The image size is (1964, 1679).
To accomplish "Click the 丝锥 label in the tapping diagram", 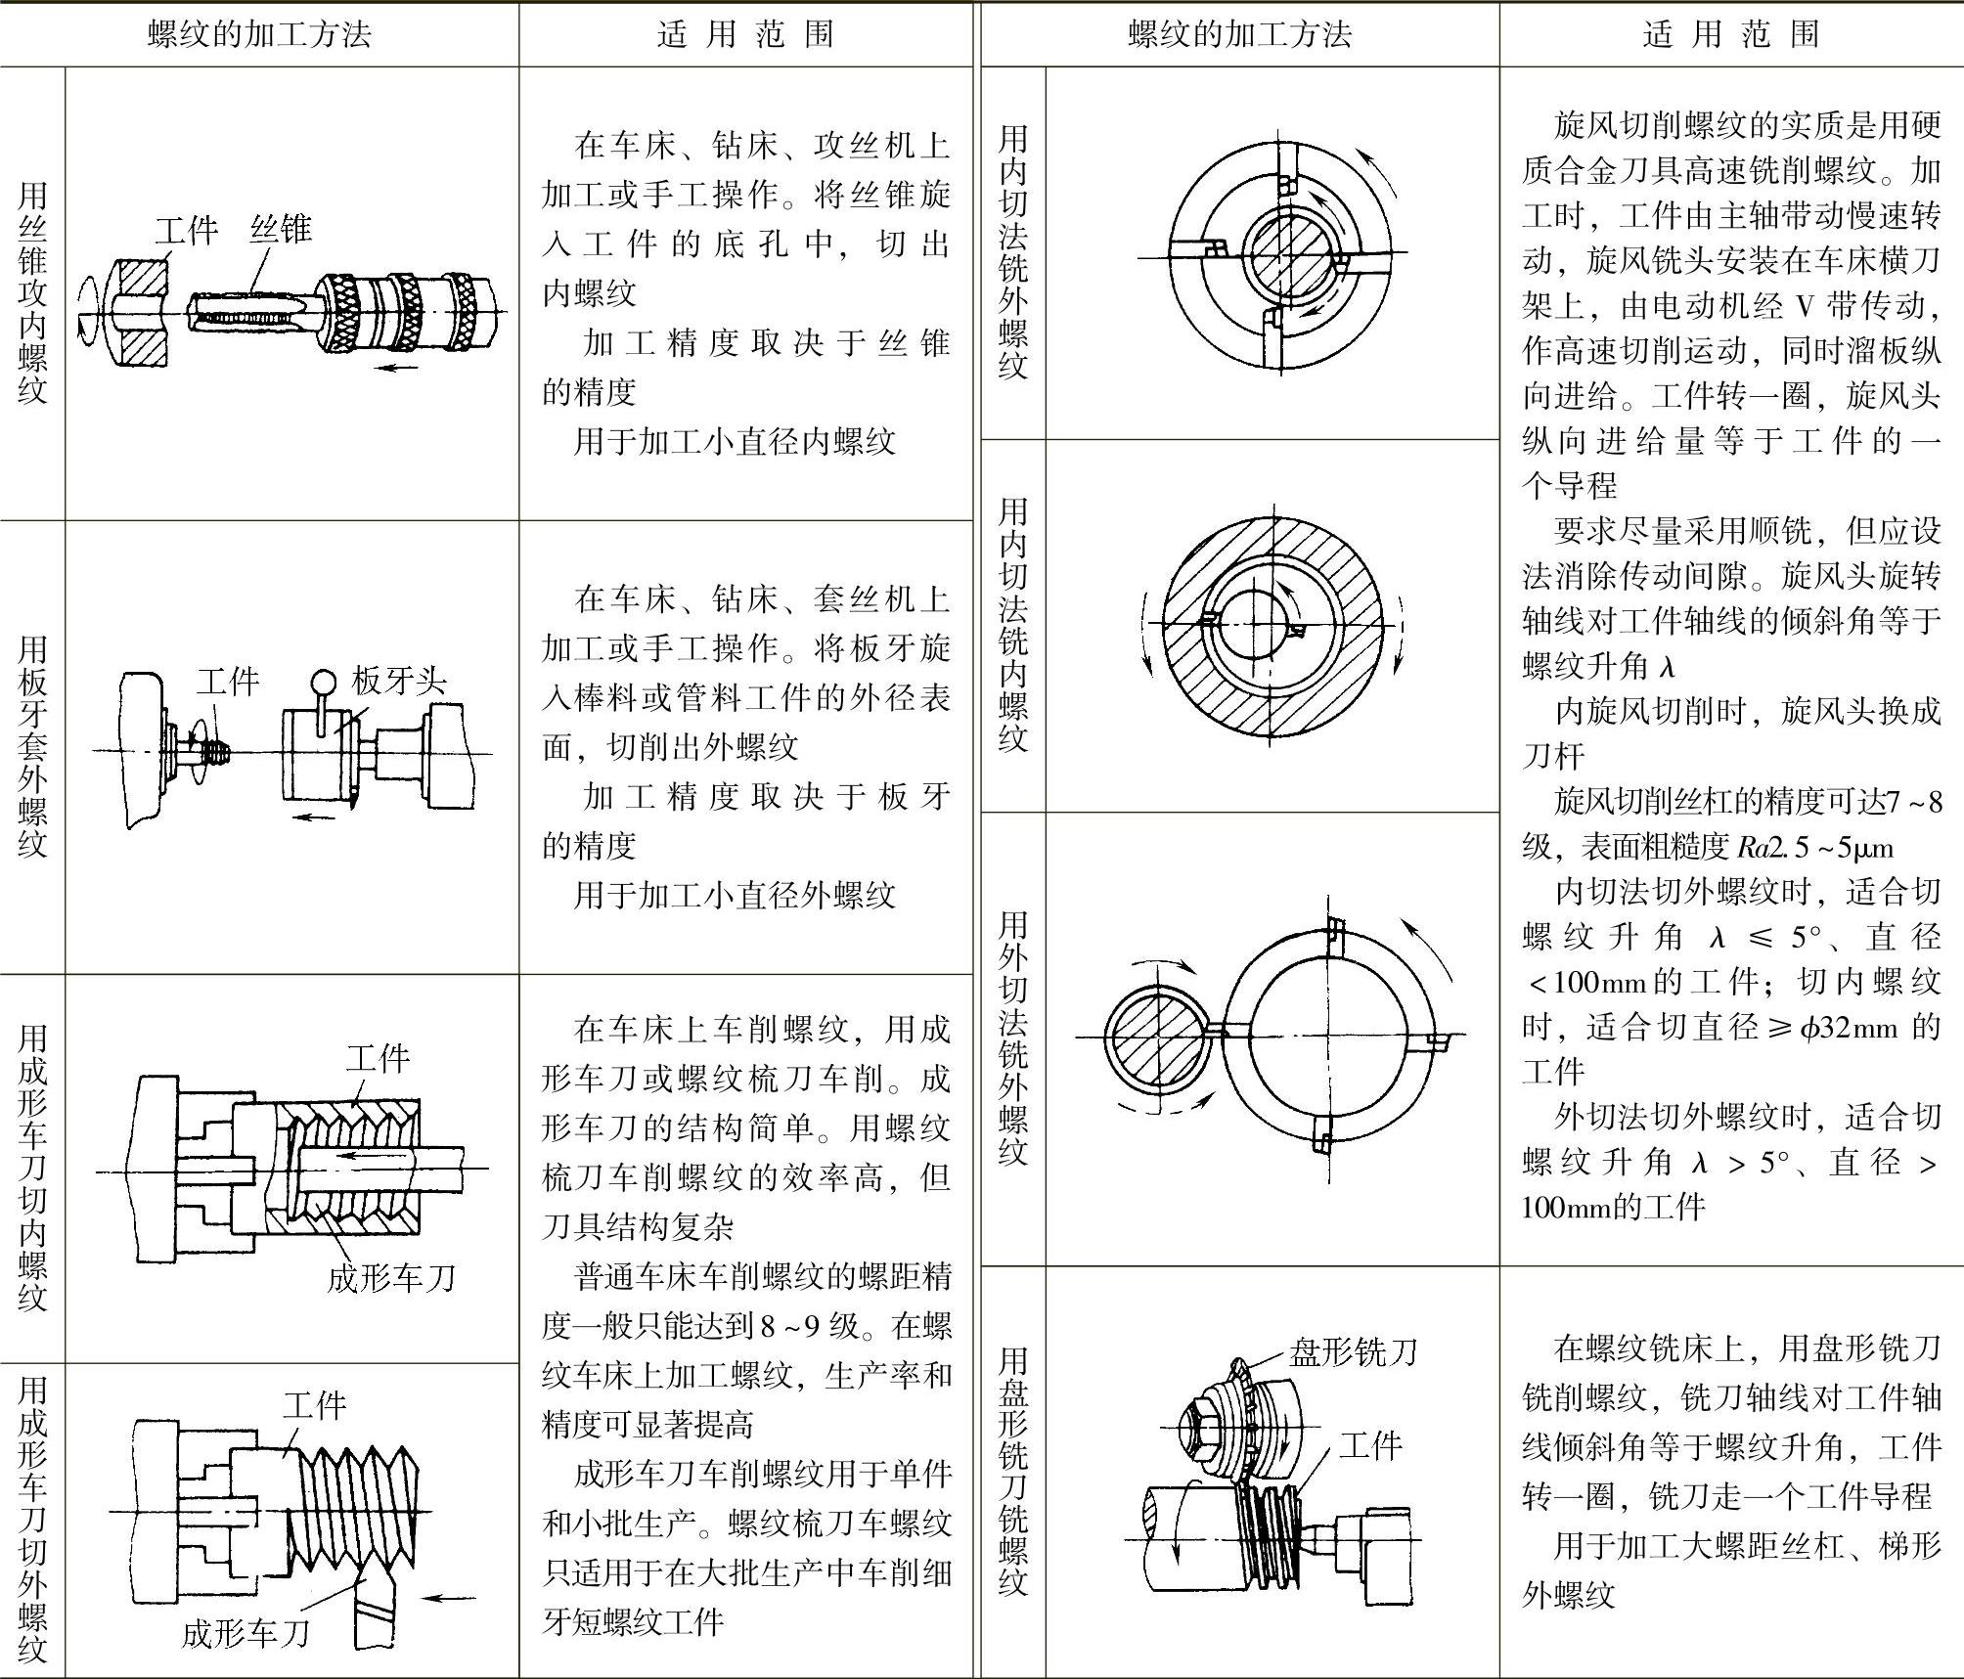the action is pyautogui.click(x=281, y=229).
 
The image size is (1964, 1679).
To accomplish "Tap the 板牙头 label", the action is pyautogui.click(x=399, y=681).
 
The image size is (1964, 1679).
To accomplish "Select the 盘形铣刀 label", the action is pyautogui.click(x=1353, y=1352).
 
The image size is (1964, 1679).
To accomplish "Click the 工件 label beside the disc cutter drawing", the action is pyautogui.click(x=1370, y=1444).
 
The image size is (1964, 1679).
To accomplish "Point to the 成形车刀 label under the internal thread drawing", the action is pyautogui.click(x=391, y=1277).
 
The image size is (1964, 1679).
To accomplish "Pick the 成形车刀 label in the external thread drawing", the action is pyautogui.click(x=245, y=1633).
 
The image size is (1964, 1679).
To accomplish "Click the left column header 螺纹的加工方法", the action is pyautogui.click(x=259, y=35).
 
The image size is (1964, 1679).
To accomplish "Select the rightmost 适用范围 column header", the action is pyautogui.click(x=1731, y=35).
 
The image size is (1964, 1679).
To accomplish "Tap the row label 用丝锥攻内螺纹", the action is pyautogui.click(x=32, y=293).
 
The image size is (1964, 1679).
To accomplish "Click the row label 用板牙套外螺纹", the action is pyautogui.click(x=32, y=746).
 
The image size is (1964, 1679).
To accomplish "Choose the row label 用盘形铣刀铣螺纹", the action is pyautogui.click(x=1013, y=1472).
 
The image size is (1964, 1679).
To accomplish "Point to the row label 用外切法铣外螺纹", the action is pyautogui.click(x=1013, y=1038).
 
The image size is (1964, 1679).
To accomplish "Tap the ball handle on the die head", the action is pyautogui.click(x=324, y=681).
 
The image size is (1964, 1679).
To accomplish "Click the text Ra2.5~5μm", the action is pyautogui.click(x=1815, y=847).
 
